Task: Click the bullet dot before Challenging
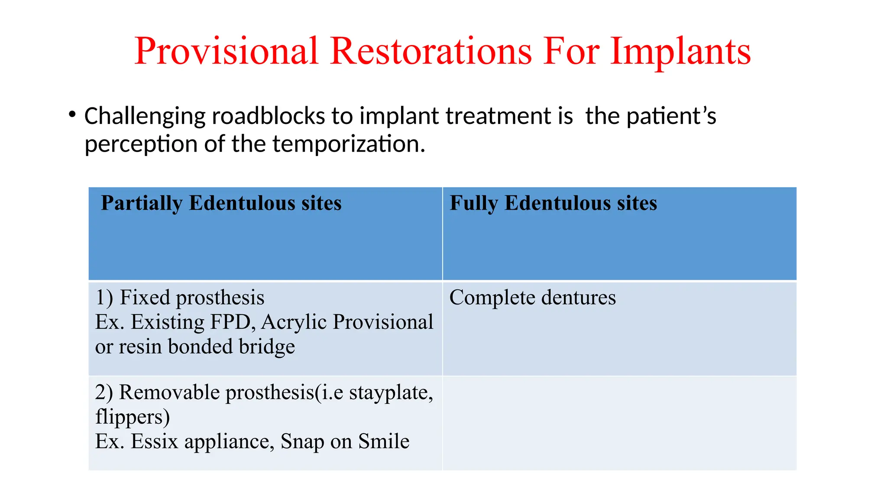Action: (72, 115)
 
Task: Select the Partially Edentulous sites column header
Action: (221, 203)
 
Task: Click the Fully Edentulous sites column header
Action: (553, 203)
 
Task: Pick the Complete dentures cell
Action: (532, 298)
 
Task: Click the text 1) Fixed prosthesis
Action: (180, 298)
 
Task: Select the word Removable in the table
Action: (169, 392)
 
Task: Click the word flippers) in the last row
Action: (133, 417)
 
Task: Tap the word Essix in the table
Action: (155, 442)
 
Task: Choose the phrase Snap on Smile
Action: (345, 442)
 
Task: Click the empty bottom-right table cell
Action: (619, 423)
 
